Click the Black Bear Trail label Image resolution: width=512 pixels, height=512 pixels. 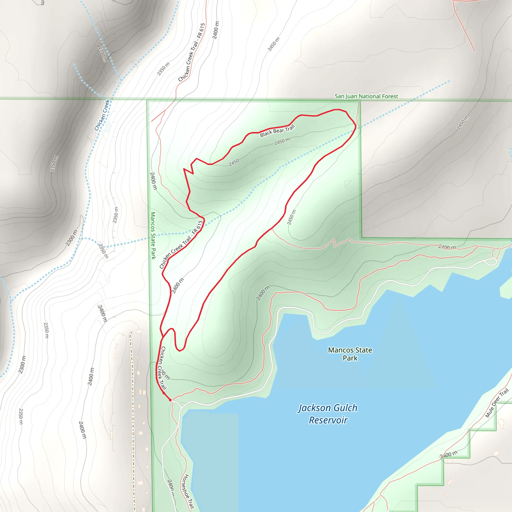tap(277, 131)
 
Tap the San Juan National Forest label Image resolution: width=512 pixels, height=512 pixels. tap(366, 96)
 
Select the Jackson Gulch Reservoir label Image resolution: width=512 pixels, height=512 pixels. tap(328, 414)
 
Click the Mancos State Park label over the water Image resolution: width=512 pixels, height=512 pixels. tap(350, 354)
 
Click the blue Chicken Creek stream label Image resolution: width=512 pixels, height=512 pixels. tap(102, 115)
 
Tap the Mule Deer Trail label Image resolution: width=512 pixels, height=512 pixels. tap(497, 403)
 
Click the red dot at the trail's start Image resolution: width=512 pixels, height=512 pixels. tap(170, 400)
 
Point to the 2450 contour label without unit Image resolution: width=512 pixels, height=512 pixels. tap(234, 162)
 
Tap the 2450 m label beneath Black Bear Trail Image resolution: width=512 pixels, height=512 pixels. tap(282, 141)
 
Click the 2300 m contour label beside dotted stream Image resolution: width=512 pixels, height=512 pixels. tap(71, 238)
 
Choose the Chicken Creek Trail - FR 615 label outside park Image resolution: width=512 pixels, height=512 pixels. tap(191, 52)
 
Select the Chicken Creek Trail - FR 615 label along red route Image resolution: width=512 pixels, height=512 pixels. tap(181, 244)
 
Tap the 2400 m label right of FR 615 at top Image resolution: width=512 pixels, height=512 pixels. tap(216, 30)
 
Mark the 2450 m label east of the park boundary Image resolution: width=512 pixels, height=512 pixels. tap(462, 123)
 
